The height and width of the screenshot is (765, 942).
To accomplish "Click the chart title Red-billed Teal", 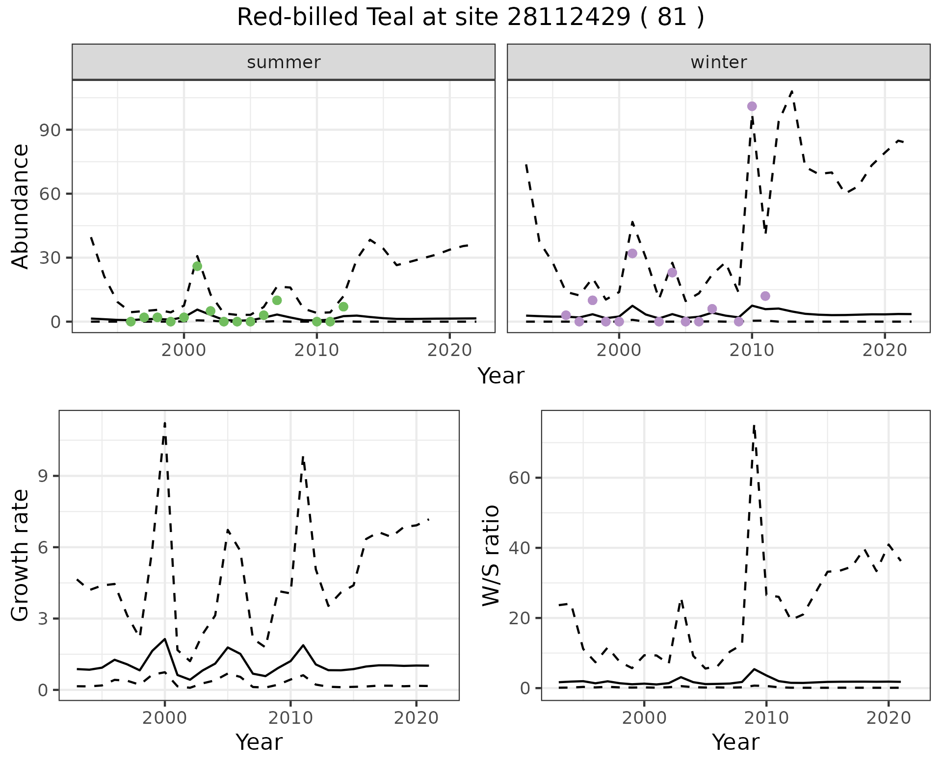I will tap(470, 18).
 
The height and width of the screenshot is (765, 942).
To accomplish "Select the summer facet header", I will tap(284, 62).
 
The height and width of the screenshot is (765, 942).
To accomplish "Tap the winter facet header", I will tap(718, 62).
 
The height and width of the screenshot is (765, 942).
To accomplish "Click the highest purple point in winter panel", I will tap(752, 106).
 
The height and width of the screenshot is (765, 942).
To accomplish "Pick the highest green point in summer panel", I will tap(197, 266).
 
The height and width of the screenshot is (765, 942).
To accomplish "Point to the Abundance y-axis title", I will tap(21, 206).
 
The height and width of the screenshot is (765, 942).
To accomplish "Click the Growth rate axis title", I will tap(21, 556).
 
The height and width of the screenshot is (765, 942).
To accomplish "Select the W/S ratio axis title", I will tap(491, 556).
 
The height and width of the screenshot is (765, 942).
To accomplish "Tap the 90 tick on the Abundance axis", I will tap(50, 130).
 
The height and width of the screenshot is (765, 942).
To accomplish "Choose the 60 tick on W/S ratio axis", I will tap(521, 478).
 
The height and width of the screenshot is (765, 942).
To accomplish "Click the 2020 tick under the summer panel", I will tap(449, 351).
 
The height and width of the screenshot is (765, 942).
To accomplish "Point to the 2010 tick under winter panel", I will tap(752, 351).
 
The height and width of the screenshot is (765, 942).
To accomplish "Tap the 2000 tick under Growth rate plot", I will tap(164, 718).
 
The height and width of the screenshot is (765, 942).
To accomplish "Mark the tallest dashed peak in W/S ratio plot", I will tap(754, 426).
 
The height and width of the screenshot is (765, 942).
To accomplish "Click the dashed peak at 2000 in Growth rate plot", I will tap(165, 422).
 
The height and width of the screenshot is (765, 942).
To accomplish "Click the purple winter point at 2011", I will tap(765, 296).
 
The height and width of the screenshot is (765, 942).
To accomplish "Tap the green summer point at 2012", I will tap(343, 307).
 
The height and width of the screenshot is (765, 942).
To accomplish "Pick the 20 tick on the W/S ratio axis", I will tap(521, 618).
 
